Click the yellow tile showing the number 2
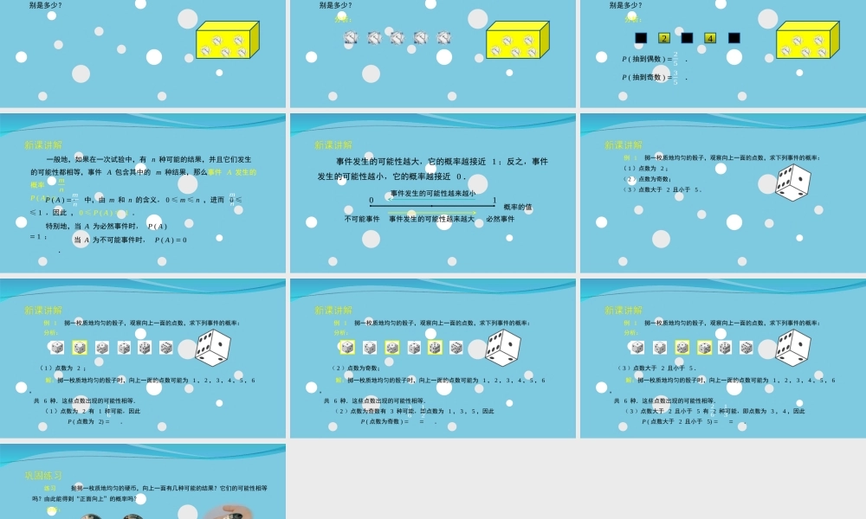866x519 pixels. pos(664,38)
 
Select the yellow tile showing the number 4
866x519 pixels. pos(710,38)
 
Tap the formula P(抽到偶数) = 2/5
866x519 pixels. pos(654,59)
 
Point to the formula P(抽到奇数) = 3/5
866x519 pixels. pos(654,77)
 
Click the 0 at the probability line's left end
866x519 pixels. pos(372,201)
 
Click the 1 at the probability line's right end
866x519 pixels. pos(494,201)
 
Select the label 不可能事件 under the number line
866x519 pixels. pos(362,219)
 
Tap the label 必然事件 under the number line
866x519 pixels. pos(500,219)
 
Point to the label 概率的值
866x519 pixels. pos(518,207)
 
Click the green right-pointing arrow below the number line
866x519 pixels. pos(433,211)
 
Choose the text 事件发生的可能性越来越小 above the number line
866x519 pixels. pos(433,193)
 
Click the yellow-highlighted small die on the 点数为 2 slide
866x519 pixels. pos(80,348)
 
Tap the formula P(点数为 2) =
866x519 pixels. pos(91,421)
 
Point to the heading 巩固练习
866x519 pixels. pos(42,475)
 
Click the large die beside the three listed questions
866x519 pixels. pos(792,183)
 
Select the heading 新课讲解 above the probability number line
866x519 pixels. pos(333,145)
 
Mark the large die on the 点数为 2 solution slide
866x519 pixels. pos(212,347)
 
